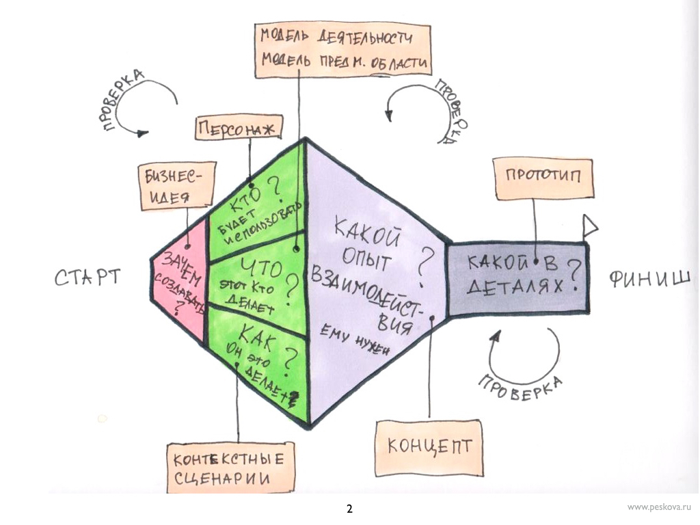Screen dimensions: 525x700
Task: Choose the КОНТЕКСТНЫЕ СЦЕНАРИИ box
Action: click(226, 466)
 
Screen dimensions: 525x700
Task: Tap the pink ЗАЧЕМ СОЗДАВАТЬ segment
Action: click(180, 281)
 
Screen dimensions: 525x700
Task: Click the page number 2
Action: click(349, 509)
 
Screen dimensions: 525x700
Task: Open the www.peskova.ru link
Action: click(659, 507)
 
